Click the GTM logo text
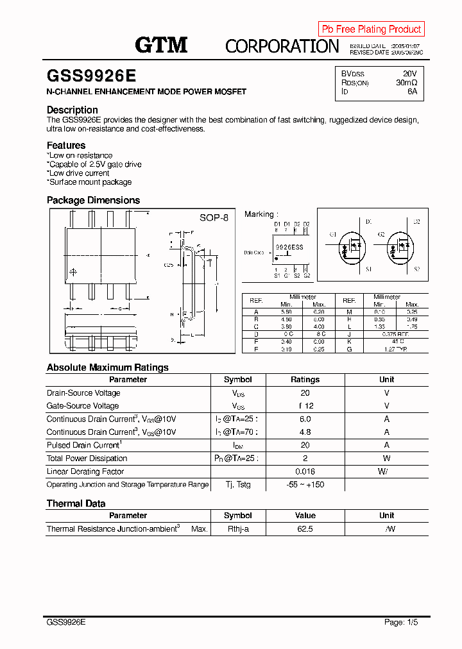tap(160, 44)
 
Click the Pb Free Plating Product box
tap(371, 29)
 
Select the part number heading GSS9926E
tap(91, 76)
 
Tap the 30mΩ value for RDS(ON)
tap(406, 83)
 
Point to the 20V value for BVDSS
tap(409, 74)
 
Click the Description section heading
tap(72, 110)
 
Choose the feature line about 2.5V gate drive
tap(95, 164)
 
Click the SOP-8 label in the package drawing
tap(214, 218)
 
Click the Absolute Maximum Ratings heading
tap(107, 367)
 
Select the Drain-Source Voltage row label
tap(83, 393)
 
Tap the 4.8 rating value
tap(305, 432)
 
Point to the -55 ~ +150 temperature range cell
tap(305, 485)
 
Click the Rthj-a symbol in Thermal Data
tap(237, 529)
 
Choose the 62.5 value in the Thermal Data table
tap(305, 529)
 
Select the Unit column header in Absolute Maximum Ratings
tap(386, 380)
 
